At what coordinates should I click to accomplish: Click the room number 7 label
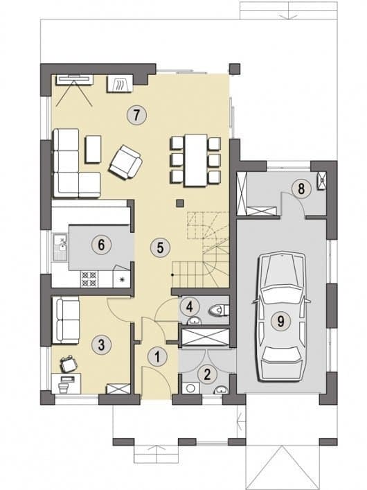[136, 115]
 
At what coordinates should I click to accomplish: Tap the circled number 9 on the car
[280, 321]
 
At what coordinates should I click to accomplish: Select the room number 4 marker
[189, 306]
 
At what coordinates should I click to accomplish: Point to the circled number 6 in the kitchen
[101, 245]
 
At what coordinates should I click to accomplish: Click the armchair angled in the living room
[125, 162]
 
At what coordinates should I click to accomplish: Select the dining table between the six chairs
[196, 160]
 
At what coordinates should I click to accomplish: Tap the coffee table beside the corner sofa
[93, 149]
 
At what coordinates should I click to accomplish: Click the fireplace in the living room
[120, 84]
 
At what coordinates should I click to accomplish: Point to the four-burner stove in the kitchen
[89, 279]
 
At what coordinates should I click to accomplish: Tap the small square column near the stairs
[179, 204]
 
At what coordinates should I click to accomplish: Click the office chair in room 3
[69, 365]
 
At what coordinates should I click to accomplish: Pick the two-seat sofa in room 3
[66, 320]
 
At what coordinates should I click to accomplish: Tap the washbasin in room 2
[221, 390]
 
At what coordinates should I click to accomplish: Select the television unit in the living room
[74, 80]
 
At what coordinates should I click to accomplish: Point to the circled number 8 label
[301, 189]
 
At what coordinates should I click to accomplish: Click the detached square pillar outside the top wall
[235, 69]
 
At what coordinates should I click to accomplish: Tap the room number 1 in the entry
[157, 356]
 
